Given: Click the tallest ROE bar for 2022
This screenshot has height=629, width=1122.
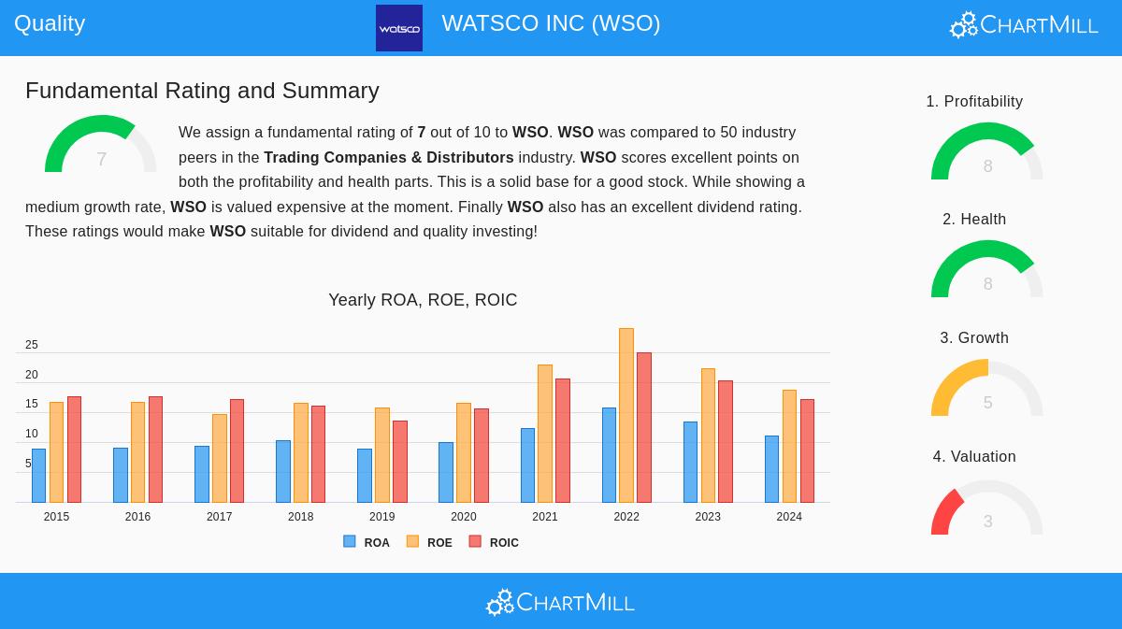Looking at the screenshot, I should point(626,415).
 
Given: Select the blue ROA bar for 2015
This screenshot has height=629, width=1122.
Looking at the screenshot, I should point(38,476).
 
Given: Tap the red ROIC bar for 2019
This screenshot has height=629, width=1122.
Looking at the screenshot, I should point(399,462).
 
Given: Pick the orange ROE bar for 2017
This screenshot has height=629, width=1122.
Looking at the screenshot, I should point(219,458).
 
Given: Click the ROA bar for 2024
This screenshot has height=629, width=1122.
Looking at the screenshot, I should point(771,469).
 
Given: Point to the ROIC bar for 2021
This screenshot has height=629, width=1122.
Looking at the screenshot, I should point(563,440).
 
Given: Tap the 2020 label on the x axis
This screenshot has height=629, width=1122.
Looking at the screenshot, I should point(464,517).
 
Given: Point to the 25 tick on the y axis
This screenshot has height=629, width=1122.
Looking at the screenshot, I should point(32,345).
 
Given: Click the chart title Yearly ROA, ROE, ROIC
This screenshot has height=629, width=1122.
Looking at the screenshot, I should point(423,300).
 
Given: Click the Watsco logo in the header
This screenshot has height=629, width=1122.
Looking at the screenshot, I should point(399,28).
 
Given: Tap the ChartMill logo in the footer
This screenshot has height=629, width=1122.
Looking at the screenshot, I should point(560,603).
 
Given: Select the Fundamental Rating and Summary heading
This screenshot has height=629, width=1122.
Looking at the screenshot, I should point(202,91).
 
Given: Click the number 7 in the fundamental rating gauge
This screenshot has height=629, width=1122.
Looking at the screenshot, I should point(101,160).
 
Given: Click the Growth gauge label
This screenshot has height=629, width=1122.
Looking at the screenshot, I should point(974,338).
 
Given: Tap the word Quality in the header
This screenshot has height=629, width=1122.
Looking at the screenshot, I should point(50,23).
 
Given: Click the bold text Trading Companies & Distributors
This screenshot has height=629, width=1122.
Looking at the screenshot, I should point(389,158).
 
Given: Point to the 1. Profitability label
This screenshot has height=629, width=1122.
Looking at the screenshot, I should point(974,102).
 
